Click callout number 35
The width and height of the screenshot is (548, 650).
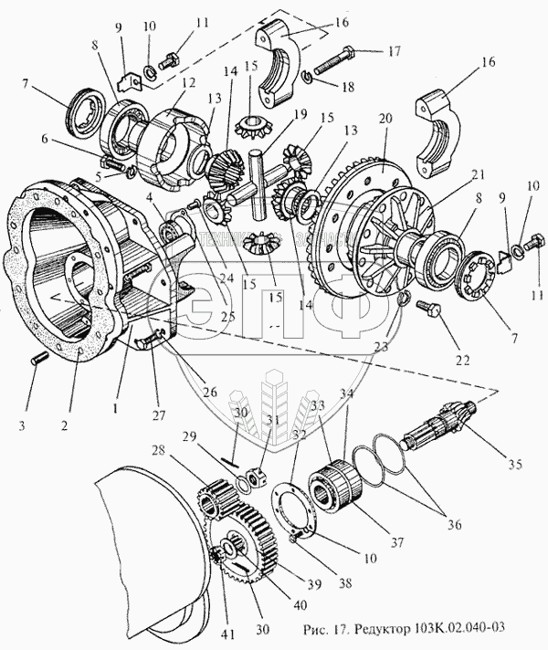(x=514, y=464)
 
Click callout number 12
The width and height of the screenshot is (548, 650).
(x=189, y=83)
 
